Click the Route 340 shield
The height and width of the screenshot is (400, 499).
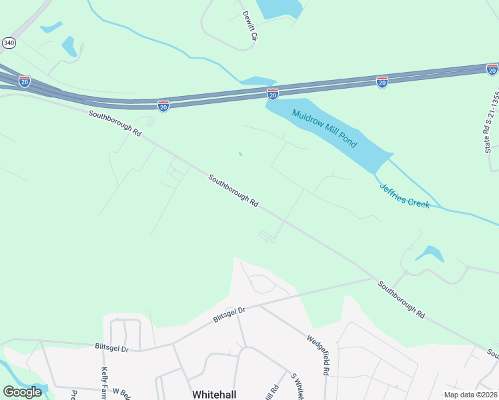tap(9, 43)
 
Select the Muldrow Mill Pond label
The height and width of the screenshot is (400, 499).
tap(325, 128)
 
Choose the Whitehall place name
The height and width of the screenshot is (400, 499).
tap(213, 394)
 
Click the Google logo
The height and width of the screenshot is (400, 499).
tap(22, 392)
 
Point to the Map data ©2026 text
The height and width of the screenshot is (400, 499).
tap(470, 395)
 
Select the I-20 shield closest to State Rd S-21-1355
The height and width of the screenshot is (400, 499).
tap(492, 69)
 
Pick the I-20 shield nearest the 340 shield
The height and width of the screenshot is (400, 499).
tap(25, 81)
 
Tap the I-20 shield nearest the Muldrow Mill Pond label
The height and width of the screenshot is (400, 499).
tap(272, 95)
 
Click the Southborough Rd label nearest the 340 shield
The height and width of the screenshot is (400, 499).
tap(115, 124)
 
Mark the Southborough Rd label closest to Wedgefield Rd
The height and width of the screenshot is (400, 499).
tap(401, 299)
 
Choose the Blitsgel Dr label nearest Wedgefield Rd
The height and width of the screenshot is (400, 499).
tap(229, 315)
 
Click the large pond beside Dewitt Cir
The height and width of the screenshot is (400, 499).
tap(279, 8)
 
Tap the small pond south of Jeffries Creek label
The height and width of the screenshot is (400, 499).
tap(429, 253)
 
